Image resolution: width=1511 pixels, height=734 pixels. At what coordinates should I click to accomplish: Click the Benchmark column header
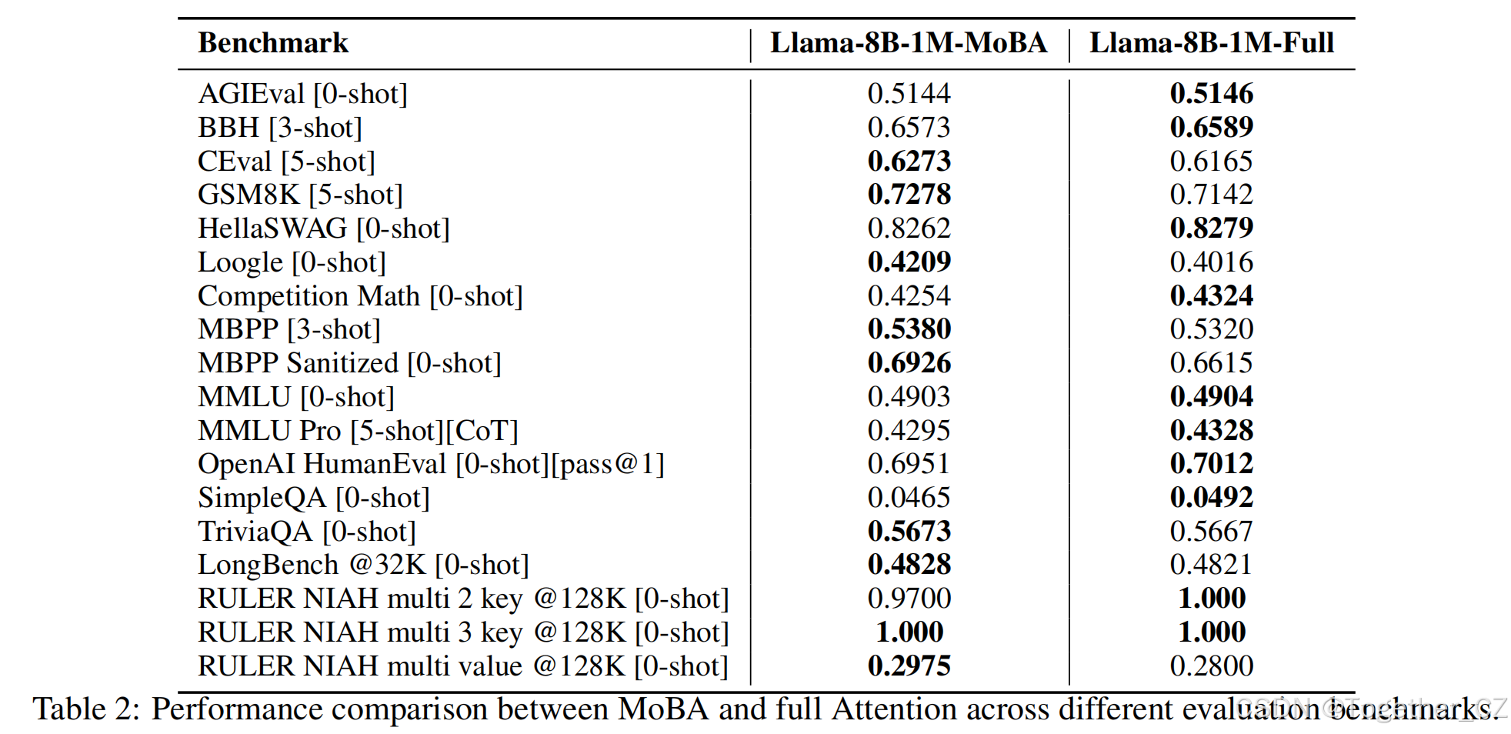click(x=272, y=43)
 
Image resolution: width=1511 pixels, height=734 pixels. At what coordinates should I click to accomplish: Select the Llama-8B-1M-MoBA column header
click(x=909, y=43)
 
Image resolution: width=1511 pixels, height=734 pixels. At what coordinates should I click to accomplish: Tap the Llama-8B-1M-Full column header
click(x=1211, y=43)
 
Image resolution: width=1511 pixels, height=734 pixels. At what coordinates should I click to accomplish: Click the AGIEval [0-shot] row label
click(x=302, y=94)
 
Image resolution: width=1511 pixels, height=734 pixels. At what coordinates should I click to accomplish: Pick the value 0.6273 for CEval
click(x=909, y=161)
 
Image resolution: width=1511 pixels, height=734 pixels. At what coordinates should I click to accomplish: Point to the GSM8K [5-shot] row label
click(x=300, y=195)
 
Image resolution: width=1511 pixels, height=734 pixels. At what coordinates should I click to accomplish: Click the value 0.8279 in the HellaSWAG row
click(x=1211, y=229)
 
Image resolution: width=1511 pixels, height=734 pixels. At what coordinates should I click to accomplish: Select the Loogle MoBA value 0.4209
click(x=909, y=262)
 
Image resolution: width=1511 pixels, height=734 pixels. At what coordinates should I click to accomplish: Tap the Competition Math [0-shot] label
click(x=360, y=296)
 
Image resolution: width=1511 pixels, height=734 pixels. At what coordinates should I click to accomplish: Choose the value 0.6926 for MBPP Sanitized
click(x=909, y=363)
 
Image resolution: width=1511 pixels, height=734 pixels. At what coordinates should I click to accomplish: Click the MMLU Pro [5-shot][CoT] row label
click(x=358, y=431)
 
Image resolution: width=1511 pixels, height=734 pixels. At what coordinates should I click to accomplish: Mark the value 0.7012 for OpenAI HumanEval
click(x=1211, y=464)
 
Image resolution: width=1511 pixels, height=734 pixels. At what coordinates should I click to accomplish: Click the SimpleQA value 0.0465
click(x=909, y=498)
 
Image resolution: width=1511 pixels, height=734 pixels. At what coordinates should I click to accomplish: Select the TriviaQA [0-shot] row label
click(x=306, y=532)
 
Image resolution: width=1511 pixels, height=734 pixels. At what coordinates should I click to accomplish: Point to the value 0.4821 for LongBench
click(x=1211, y=565)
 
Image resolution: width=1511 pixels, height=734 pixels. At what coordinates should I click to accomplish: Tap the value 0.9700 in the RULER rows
click(x=909, y=599)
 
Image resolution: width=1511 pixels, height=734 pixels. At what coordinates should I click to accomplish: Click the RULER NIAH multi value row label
click(x=462, y=666)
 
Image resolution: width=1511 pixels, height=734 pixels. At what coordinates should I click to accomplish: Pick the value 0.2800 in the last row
click(x=1211, y=666)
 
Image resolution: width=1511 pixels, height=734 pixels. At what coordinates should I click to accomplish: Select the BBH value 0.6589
click(x=1211, y=128)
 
